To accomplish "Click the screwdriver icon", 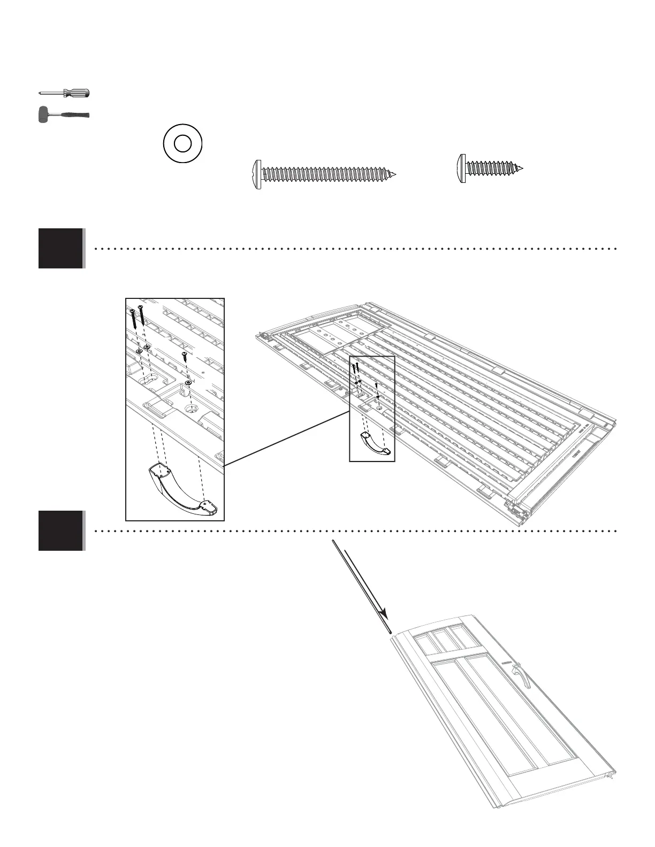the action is (x=64, y=93).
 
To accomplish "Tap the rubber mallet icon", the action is (x=63, y=115).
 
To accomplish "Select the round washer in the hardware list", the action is (x=182, y=143).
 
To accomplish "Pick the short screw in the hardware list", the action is (x=490, y=168).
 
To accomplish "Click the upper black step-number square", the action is (x=60, y=248).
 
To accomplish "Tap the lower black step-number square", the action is (x=60, y=530).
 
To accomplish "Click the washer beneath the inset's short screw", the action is (x=188, y=383).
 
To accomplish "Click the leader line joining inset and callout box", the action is (x=286, y=438).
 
